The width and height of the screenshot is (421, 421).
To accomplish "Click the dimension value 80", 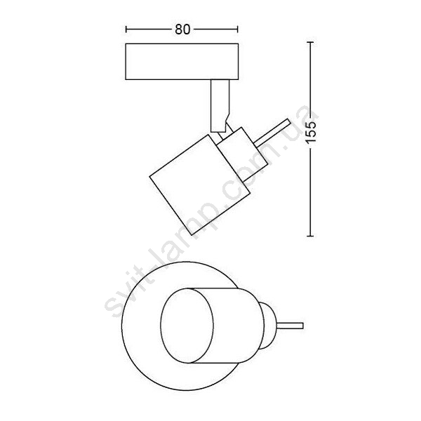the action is click(x=182, y=29).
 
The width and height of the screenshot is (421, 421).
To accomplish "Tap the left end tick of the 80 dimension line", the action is click(x=126, y=29).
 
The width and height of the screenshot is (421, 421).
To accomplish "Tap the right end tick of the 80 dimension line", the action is click(x=237, y=29).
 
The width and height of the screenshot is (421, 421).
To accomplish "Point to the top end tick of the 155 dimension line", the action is click(x=310, y=42).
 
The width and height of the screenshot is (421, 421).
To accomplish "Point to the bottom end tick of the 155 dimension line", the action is click(x=310, y=236).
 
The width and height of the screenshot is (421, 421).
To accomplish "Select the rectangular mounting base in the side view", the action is click(x=182, y=62).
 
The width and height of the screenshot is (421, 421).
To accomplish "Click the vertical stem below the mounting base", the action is click(x=220, y=106).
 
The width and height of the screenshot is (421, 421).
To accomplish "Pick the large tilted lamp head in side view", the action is click(x=199, y=185).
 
